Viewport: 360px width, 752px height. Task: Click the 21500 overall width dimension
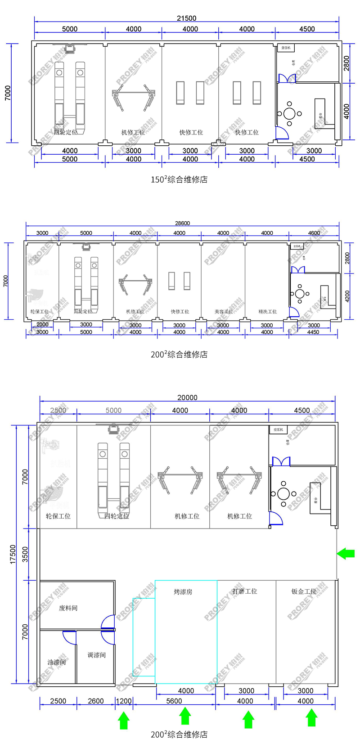click(186, 18)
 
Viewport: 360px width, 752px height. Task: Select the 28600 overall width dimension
click(182, 223)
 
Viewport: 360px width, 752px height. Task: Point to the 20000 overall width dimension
click(187, 398)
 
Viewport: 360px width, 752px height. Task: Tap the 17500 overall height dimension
click(13, 554)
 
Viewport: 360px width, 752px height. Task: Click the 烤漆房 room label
click(183, 591)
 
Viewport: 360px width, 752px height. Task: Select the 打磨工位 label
click(245, 591)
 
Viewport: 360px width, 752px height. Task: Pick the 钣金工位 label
click(304, 591)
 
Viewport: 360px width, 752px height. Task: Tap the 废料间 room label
click(68, 608)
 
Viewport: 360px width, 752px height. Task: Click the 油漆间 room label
click(57, 662)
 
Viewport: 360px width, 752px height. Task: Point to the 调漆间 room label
click(97, 655)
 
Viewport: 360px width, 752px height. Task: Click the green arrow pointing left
click(346, 553)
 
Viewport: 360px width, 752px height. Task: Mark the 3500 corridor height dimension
click(25, 554)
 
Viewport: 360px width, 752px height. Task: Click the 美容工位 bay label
click(223, 311)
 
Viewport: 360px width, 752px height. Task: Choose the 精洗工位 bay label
click(267, 311)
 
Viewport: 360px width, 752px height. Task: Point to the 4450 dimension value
click(313, 332)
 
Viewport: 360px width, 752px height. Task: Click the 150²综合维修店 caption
click(179, 179)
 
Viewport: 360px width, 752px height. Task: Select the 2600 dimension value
click(95, 701)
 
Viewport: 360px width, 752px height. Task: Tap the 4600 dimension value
click(314, 233)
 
